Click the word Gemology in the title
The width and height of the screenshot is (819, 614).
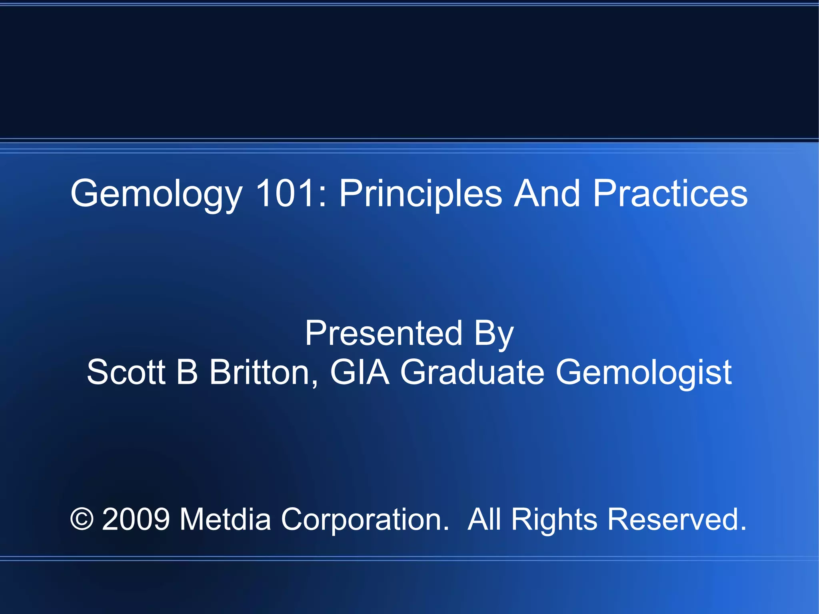[156, 194]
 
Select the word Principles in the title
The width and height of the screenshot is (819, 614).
[420, 194]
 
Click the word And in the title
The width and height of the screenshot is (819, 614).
[547, 194]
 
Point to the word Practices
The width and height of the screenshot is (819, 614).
[670, 194]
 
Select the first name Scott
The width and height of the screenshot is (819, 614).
[126, 372]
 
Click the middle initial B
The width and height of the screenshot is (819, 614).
[187, 372]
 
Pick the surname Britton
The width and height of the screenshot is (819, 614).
[264, 372]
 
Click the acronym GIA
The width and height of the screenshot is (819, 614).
[360, 372]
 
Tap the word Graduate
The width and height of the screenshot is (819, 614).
[472, 372]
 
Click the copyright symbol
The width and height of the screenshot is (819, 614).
[82, 519]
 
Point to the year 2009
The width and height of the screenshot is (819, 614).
[136, 519]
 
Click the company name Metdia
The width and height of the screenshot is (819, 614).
[225, 519]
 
